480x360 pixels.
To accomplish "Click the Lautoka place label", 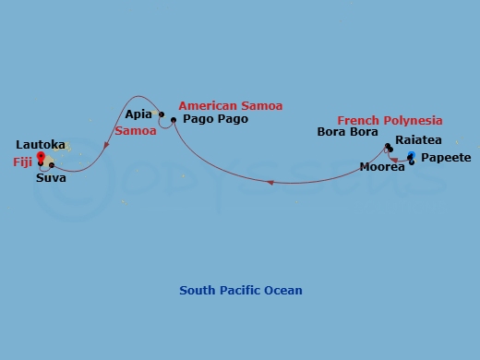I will click(x=41, y=145).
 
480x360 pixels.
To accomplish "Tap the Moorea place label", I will click(x=383, y=168).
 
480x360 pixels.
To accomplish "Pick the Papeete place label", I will click(x=446, y=159).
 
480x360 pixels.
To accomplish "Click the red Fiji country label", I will click(x=22, y=161).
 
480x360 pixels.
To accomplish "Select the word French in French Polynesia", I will click(x=357, y=120).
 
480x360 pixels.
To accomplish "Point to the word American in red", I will click(x=206, y=105).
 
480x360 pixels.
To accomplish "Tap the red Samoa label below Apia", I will click(x=135, y=131).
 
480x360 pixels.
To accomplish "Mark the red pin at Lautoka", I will click(x=41, y=157).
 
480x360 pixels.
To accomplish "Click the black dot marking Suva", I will click(x=52, y=165).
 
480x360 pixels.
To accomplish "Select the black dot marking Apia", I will click(x=162, y=115).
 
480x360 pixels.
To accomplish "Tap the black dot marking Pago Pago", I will click(x=173, y=120).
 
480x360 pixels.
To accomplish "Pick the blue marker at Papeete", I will click(x=412, y=155).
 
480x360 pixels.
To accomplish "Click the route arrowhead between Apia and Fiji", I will click(x=107, y=145).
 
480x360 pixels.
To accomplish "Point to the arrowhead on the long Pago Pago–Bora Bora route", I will click(x=270, y=182).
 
